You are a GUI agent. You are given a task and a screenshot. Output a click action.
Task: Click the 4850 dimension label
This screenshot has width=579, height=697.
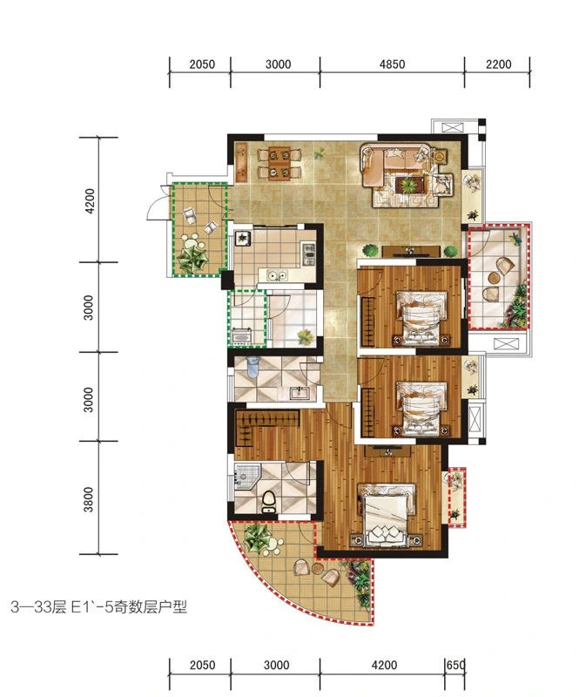click(392, 64)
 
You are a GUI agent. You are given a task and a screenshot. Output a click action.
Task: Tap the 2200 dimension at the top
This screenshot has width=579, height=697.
click(498, 64)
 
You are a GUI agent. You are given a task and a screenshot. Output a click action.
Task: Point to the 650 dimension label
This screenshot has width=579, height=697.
click(456, 665)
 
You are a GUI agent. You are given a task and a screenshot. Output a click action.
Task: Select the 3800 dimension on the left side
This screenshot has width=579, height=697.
click(89, 499)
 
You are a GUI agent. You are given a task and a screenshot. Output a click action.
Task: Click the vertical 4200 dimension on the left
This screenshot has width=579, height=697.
click(89, 201)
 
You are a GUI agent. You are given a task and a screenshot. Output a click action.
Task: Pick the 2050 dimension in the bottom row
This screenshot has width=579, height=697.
click(202, 665)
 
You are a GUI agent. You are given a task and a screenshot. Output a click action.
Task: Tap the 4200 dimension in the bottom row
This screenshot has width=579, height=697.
click(384, 665)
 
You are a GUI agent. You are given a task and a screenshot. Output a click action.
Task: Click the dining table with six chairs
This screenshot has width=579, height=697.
click(279, 163)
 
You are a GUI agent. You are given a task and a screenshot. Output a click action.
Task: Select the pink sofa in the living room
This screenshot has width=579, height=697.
click(395, 166)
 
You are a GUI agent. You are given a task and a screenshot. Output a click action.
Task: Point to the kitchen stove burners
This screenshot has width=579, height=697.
click(308, 253)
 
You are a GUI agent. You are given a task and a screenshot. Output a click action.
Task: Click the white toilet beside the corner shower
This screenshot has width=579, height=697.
click(269, 502)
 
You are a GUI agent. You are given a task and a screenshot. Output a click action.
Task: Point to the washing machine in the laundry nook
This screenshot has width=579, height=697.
click(242, 336)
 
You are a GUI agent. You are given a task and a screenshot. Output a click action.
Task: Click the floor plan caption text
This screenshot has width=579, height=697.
click(98, 606)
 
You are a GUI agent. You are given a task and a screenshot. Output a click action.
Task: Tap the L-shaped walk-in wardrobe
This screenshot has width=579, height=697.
click(262, 424)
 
